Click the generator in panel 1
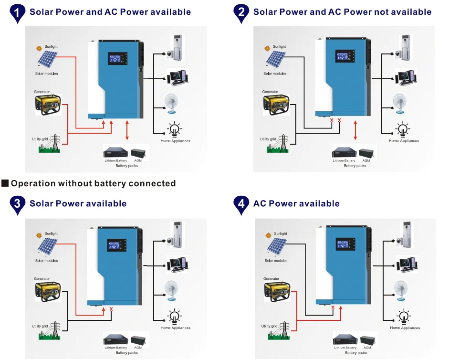[48, 104]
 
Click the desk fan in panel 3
[172, 291]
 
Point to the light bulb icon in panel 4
[403, 317]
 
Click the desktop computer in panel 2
[407, 77]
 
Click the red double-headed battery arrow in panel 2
[355, 131]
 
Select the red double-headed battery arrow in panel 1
[127, 131]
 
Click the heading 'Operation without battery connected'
[93, 183]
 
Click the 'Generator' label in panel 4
[271, 279]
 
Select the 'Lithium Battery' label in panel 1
[116, 161]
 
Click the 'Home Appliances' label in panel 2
[404, 141]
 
